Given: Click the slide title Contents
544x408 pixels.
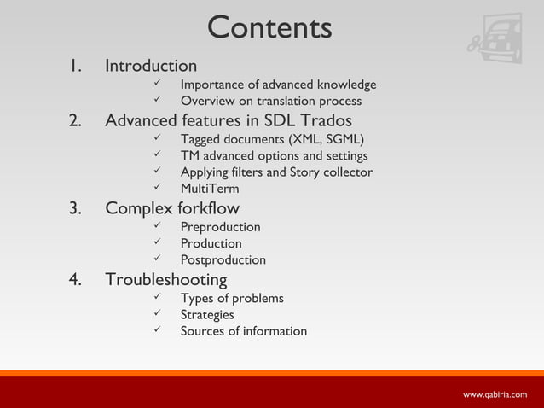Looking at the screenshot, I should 269,27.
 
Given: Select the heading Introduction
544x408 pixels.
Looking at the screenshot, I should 150,66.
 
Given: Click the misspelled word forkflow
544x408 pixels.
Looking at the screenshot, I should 208,208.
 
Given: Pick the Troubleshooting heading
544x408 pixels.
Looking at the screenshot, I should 165,279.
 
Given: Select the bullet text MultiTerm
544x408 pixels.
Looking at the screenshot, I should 210,189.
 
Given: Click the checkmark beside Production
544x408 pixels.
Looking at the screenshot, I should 156,243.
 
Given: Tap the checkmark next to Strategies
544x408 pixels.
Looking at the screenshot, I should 156,315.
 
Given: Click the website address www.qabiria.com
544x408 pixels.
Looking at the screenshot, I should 495,394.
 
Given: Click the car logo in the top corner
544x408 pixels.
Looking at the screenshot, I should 495,38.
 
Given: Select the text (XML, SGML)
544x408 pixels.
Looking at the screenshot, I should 327,140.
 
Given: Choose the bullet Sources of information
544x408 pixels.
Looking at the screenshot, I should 243,331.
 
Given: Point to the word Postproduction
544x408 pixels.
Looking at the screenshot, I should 223,259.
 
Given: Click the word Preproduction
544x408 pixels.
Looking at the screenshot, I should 220,227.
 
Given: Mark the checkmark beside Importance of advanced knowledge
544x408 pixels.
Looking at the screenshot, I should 156,85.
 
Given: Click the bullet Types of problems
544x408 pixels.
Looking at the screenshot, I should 232,298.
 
